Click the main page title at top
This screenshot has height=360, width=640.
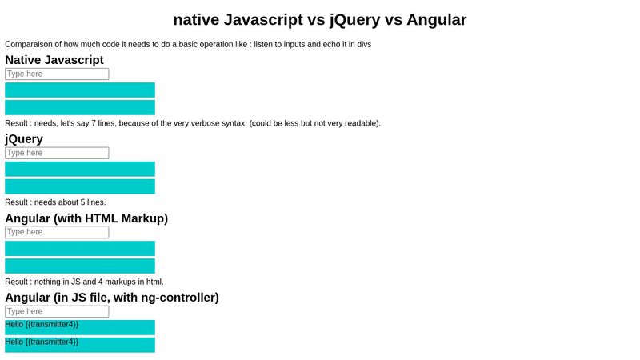click(320, 19)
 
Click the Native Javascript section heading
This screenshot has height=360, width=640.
click(54, 59)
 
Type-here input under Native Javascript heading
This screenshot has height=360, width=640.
click(57, 74)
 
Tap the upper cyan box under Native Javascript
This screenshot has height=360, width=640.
click(80, 90)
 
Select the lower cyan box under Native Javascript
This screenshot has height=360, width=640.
click(80, 107)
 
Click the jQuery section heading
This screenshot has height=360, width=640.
click(24, 138)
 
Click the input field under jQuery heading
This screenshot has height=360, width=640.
click(57, 153)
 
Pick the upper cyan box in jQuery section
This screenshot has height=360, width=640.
click(80, 169)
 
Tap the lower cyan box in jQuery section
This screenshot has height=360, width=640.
click(80, 186)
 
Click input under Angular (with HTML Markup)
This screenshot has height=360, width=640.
click(57, 232)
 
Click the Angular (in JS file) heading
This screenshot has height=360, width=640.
click(112, 297)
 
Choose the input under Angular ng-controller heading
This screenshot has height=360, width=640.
click(57, 311)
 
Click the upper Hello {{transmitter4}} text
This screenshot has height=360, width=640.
click(42, 324)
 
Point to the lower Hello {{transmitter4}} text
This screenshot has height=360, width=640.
click(42, 342)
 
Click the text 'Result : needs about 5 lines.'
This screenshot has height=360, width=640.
click(55, 202)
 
